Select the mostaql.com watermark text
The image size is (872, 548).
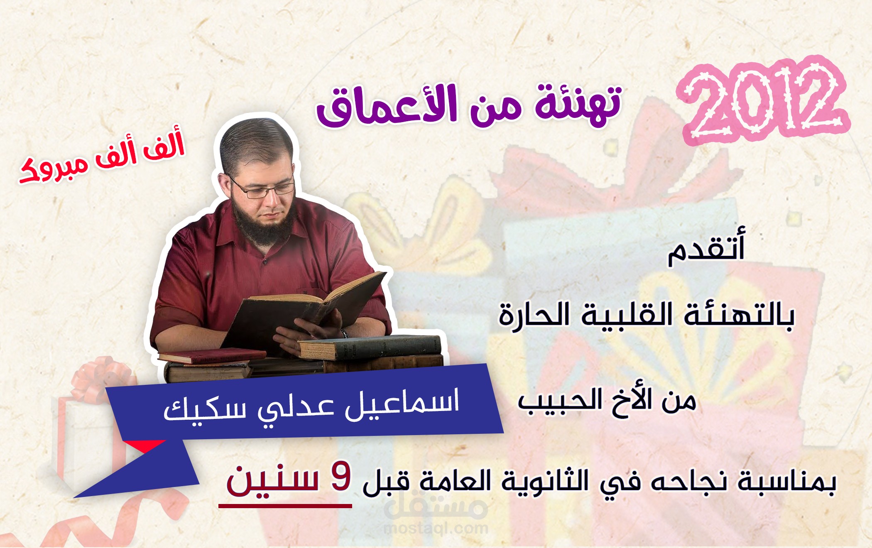(436, 528)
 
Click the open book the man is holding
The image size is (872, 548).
(307, 307)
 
